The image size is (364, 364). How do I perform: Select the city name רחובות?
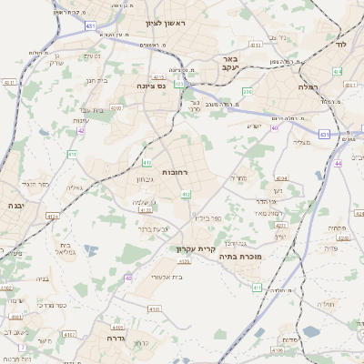click(175, 172)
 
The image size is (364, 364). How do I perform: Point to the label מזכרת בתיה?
click(239, 258)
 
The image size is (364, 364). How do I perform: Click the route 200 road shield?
click(248, 92)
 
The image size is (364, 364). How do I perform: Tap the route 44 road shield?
click(337, 163)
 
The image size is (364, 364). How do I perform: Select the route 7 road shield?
click(21, 348)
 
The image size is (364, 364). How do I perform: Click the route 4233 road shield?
click(145, 209)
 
